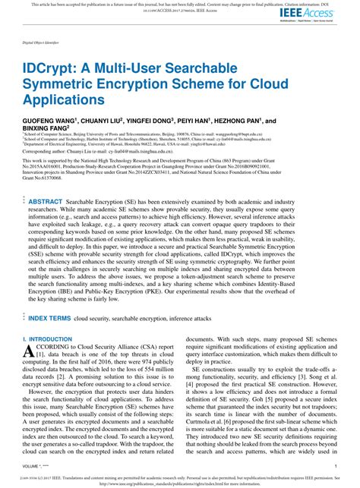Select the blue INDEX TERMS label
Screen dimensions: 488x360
pos(49,320)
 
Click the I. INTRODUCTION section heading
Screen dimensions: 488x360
pos(47,339)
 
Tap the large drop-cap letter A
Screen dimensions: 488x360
pos(29,351)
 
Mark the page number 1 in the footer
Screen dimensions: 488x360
pos(335,467)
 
